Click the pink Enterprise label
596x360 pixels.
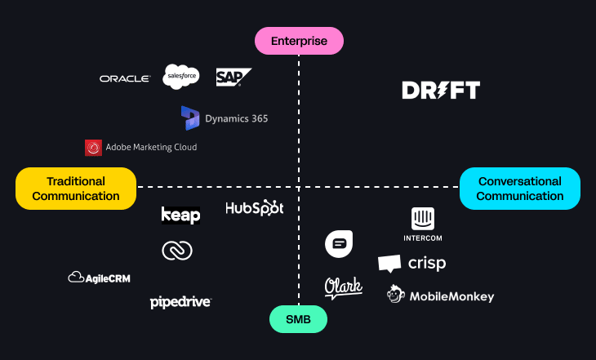[299, 41]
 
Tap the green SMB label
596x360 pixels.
[298, 319]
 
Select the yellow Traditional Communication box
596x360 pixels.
[76, 189]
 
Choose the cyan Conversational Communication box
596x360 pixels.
[520, 189]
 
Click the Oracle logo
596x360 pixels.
[125, 78]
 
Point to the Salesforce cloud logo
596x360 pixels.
[181, 77]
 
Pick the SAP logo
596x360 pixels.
[232, 78]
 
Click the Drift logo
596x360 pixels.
[441, 91]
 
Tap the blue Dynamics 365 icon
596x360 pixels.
[190, 118]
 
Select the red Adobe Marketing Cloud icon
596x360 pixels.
[93, 148]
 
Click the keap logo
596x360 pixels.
[181, 215]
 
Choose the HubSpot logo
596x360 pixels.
[255, 208]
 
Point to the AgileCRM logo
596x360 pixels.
[99, 278]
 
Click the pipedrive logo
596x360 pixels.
[180, 302]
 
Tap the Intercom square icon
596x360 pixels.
[423, 219]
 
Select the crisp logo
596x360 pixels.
[412, 264]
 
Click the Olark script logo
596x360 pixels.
[343, 287]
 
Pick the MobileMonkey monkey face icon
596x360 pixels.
[398, 295]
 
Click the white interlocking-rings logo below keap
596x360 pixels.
[177, 251]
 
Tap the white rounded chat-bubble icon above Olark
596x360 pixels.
[339, 243]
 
